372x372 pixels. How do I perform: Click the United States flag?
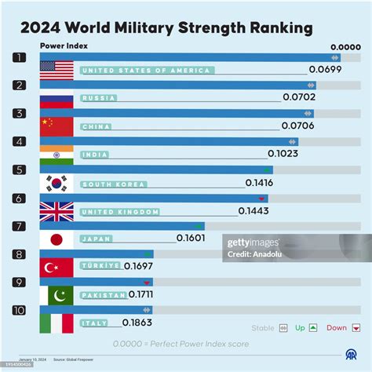[x=57, y=70]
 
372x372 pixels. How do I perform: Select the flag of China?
[x=57, y=126]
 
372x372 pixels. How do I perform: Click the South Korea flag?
[x=57, y=183]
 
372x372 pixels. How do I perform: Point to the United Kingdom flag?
[x=57, y=211]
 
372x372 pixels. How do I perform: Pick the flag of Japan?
[x=57, y=239]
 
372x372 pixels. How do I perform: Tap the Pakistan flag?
[x=57, y=295]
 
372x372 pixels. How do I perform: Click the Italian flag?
[x=57, y=323]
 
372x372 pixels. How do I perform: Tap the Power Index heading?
[x=64, y=46]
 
